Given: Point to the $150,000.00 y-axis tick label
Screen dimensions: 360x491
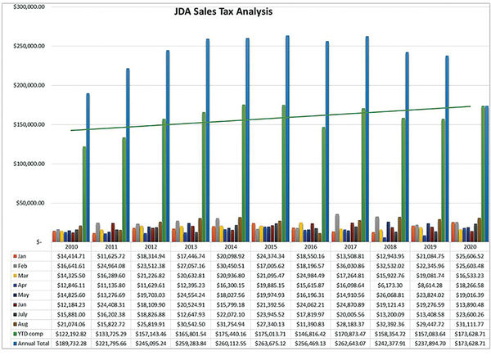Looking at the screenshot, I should (25, 124).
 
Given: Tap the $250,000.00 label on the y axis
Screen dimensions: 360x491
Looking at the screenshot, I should (25, 46).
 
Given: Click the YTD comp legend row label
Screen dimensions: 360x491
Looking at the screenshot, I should (29, 335).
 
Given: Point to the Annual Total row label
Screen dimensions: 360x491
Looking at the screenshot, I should (33, 344).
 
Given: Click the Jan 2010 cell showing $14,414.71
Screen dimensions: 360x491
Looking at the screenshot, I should (70, 257).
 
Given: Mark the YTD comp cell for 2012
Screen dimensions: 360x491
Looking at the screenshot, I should (150, 335).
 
